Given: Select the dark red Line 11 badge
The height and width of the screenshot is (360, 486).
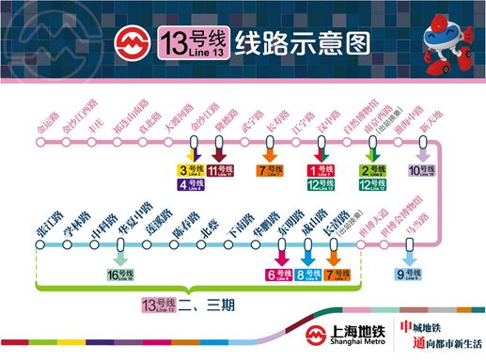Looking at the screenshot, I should click(220, 170).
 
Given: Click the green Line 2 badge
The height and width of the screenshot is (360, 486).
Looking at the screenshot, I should click(373, 170).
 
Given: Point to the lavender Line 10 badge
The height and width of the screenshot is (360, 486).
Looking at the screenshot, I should click(422, 170).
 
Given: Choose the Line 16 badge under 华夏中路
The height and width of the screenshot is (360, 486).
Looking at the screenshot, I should click(120, 274).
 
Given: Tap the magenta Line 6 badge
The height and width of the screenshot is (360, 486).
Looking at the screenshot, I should click(279, 274).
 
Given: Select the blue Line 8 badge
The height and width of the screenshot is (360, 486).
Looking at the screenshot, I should click(307, 274).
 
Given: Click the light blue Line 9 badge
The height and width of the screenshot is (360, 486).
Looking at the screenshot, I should click(410, 274).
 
